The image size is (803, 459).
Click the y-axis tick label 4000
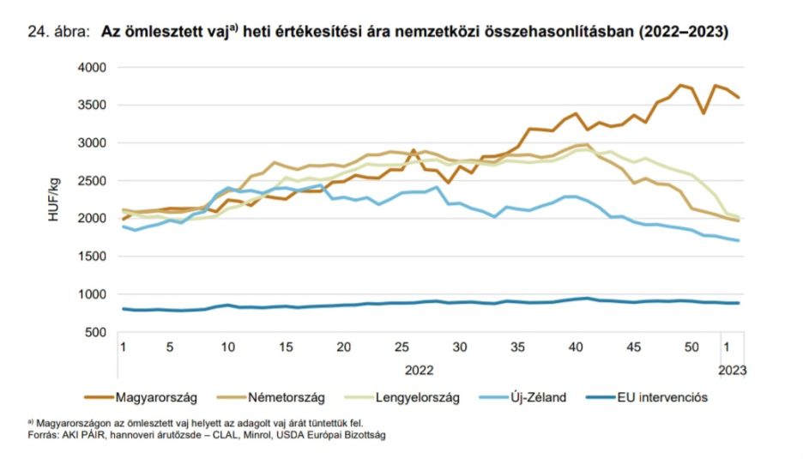click(91, 67)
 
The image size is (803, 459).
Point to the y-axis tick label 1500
click(91, 257)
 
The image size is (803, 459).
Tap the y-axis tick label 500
click(94, 333)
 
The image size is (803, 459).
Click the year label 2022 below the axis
click(419, 370)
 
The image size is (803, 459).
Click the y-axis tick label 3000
click(91, 143)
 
